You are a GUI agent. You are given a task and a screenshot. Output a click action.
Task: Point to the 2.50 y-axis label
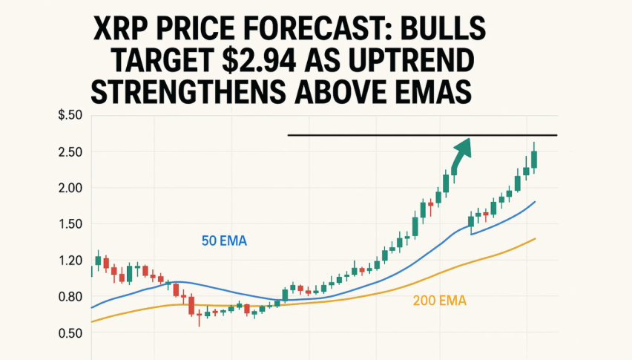coord(70,152)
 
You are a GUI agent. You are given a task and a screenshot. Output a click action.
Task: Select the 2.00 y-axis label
coord(70,189)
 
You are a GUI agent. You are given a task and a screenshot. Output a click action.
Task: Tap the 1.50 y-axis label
coord(70,225)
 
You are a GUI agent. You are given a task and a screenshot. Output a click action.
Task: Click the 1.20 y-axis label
coord(70,261)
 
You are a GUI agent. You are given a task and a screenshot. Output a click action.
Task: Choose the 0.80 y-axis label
coord(70,298)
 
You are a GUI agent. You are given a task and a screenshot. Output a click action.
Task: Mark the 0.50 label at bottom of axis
coord(70,334)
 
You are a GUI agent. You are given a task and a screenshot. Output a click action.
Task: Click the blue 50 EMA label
coord(224,240)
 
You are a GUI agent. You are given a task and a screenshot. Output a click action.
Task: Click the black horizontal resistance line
coord(371,135)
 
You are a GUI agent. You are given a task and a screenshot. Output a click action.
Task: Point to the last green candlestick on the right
coord(534,159)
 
